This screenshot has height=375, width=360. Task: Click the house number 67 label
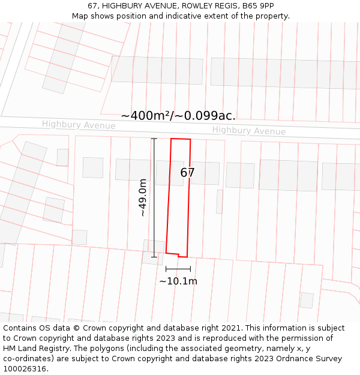pyautogui.click(x=187, y=173)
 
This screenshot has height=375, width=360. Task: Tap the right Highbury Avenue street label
pyautogui.click(x=248, y=131)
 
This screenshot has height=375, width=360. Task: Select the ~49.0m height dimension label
pyautogui.click(x=143, y=197)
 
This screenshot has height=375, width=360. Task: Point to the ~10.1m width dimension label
pyautogui.click(x=178, y=281)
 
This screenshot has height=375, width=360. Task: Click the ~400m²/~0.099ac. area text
pyautogui.click(x=178, y=116)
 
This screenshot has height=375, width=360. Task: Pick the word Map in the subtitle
pyautogui.click(x=80, y=16)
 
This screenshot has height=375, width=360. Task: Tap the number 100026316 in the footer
pyautogui.click(x=24, y=369)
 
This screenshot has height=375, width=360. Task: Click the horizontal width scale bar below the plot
pyautogui.click(x=178, y=269)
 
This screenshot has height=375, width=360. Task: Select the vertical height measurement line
pyautogui.click(x=154, y=197)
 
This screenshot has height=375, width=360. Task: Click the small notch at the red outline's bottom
pyautogui.click(x=178, y=255)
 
